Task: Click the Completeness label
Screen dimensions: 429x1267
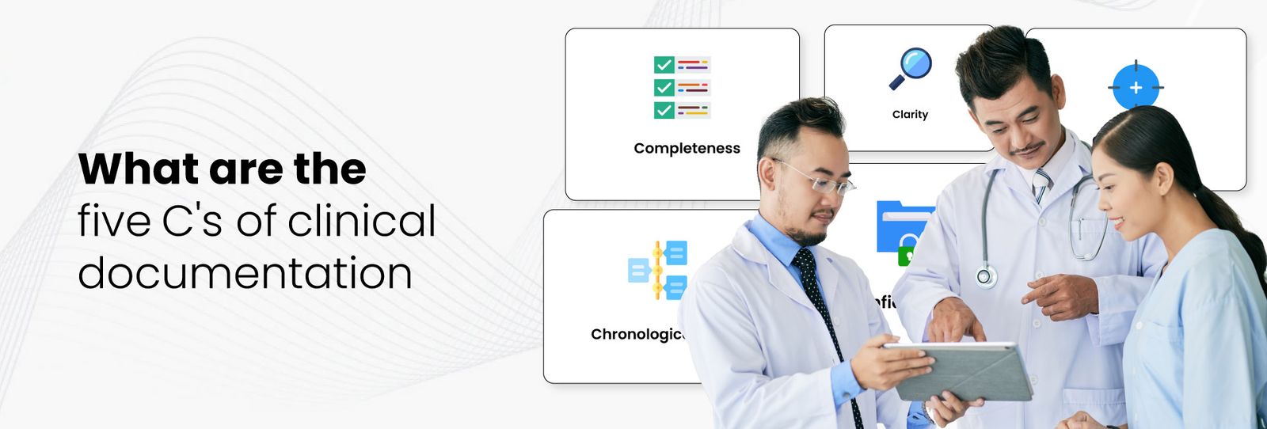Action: point(687,148)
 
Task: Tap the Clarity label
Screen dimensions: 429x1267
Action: point(910,114)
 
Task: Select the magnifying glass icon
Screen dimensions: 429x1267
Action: point(911,68)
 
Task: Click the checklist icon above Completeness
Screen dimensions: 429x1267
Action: point(682,87)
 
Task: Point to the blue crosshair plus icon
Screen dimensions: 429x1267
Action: point(1136,87)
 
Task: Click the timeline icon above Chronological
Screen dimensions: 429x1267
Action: point(658,270)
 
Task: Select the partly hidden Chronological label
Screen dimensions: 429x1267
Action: point(636,334)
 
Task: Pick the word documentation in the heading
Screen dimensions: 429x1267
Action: point(245,273)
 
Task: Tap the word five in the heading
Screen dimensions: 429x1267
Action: point(114,221)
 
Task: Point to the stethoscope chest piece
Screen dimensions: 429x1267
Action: point(985,276)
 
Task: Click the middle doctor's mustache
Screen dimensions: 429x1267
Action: point(1028,149)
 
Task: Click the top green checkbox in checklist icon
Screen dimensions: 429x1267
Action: point(664,65)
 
